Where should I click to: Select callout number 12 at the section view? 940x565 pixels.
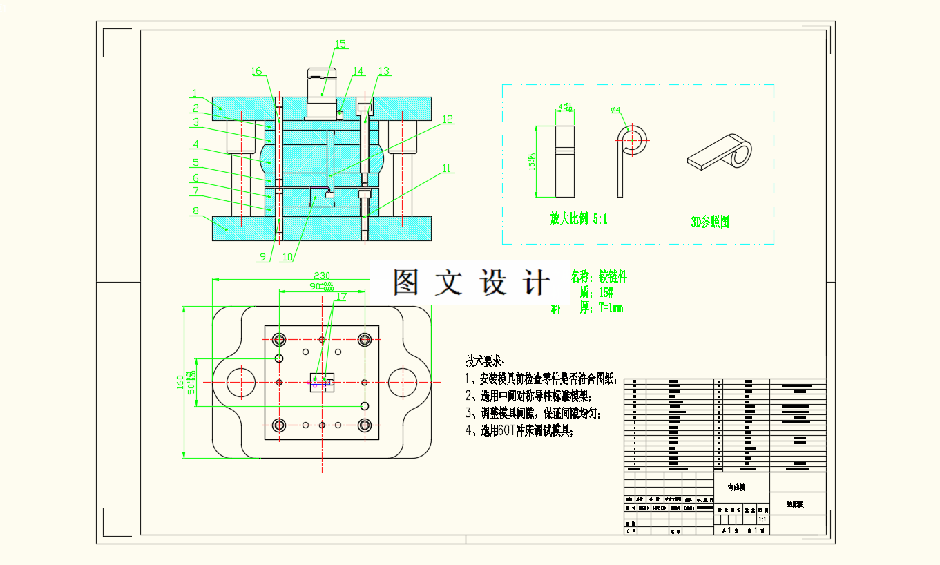[x=448, y=119]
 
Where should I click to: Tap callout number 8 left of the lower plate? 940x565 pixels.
[x=195, y=211]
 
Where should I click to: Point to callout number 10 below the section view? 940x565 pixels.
[x=287, y=257]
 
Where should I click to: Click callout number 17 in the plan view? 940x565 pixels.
[x=340, y=296]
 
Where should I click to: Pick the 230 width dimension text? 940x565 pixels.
[x=320, y=274]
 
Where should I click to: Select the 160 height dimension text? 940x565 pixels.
[x=180, y=381]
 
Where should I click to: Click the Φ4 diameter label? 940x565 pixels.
[x=617, y=110]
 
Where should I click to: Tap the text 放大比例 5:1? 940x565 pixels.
[x=579, y=220]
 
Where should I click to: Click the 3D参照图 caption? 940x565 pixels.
[x=710, y=222]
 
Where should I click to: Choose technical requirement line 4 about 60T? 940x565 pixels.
[x=519, y=431]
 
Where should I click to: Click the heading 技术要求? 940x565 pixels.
[x=485, y=361]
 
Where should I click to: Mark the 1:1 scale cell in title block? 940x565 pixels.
[x=762, y=519]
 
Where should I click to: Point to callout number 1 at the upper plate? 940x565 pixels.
[x=195, y=93]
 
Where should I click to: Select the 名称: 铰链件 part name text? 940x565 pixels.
[x=599, y=277]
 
